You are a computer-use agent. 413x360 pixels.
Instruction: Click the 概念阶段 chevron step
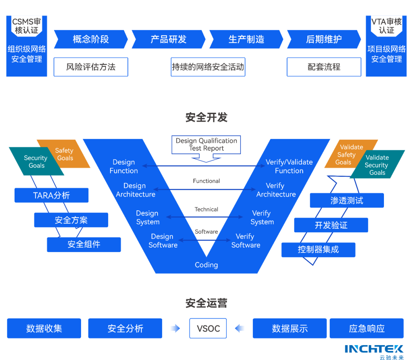[x=91, y=39]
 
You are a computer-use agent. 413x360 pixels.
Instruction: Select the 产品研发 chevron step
[x=168, y=39]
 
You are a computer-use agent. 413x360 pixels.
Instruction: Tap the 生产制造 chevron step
[x=246, y=39]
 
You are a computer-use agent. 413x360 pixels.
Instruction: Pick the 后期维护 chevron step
[x=324, y=39]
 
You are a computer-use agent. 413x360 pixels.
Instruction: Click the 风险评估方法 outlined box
[x=91, y=67]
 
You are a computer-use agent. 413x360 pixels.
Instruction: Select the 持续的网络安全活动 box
[x=208, y=67]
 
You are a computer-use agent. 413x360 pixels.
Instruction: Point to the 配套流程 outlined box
[x=324, y=67]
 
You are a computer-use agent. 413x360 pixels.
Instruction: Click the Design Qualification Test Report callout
[x=206, y=145]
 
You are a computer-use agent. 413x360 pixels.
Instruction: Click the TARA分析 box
[x=51, y=195]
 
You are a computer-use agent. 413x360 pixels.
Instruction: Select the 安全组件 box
[x=84, y=244]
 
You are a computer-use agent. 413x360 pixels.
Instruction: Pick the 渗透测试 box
[x=346, y=200]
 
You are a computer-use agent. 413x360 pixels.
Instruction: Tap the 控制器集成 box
[x=318, y=250]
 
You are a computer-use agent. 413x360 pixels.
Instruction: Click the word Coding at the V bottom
[x=206, y=265]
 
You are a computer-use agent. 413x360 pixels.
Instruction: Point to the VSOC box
[x=208, y=328]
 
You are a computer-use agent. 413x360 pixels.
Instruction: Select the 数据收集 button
[x=44, y=328]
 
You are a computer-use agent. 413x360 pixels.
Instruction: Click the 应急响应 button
[x=366, y=328]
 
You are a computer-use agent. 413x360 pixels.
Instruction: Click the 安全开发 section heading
[x=206, y=117]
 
